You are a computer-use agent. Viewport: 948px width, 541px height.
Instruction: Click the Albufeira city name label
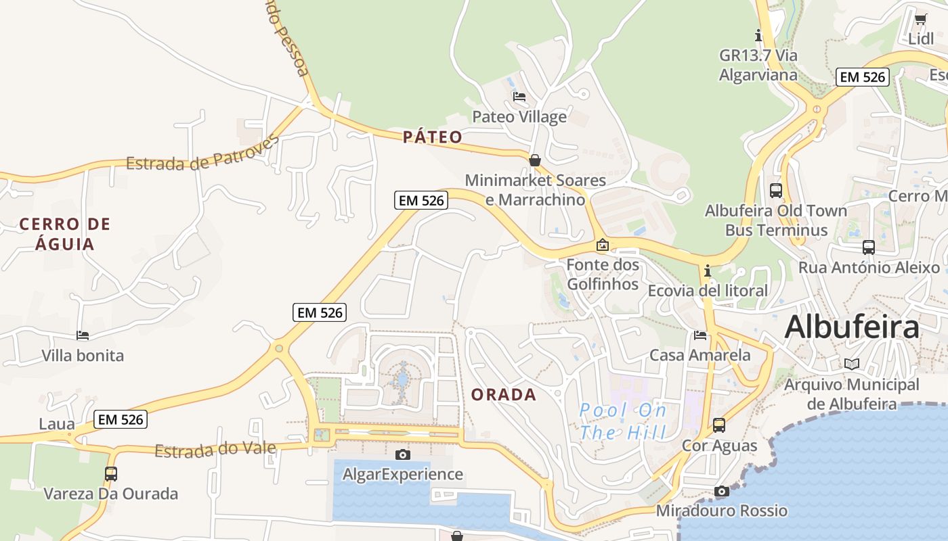(x=852, y=327)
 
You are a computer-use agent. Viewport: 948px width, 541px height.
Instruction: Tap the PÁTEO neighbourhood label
(x=433, y=137)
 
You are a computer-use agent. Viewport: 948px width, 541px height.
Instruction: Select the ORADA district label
(x=503, y=395)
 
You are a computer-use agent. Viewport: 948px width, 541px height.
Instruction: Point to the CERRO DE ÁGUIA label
(x=65, y=233)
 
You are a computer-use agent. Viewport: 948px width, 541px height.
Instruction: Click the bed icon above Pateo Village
(x=519, y=97)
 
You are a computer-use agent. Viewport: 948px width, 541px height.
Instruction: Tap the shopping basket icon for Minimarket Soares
(x=535, y=160)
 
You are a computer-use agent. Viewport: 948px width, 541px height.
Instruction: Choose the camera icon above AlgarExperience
(x=403, y=454)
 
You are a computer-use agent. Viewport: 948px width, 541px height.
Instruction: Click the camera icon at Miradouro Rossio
(x=722, y=492)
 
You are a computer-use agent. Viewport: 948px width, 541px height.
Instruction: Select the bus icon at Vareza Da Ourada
(x=111, y=474)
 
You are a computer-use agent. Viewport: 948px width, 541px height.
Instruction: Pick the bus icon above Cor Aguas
(x=719, y=425)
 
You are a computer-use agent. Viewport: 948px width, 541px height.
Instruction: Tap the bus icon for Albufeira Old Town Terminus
(x=776, y=191)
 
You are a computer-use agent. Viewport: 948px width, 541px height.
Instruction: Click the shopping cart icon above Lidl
(x=920, y=19)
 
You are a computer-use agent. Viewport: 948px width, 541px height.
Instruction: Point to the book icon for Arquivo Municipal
(x=852, y=364)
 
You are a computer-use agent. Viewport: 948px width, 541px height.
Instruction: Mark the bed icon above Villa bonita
(x=83, y=335)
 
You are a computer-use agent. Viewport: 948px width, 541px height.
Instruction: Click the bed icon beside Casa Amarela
(x=700, y=335)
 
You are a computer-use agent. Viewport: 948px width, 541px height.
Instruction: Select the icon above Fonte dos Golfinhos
(x=603, y=245)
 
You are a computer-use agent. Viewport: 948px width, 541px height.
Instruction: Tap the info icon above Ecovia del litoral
(x=708, y=271)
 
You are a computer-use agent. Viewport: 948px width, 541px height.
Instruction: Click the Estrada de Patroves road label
(x=202, y=153)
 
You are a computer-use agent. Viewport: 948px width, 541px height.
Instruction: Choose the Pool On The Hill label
(x=623, y=421)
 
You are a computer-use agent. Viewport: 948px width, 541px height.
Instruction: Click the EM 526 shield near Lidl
(x=862, y=77)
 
